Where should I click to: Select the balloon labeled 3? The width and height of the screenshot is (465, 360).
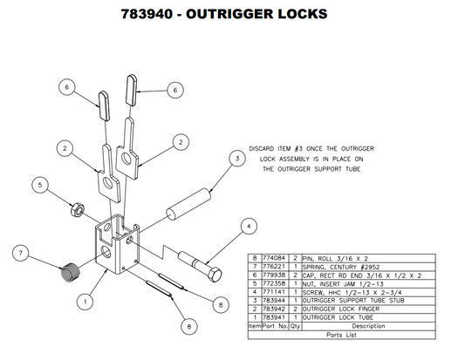236,159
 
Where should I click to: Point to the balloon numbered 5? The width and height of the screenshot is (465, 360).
38,184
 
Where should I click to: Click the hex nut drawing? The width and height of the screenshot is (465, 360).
76,209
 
